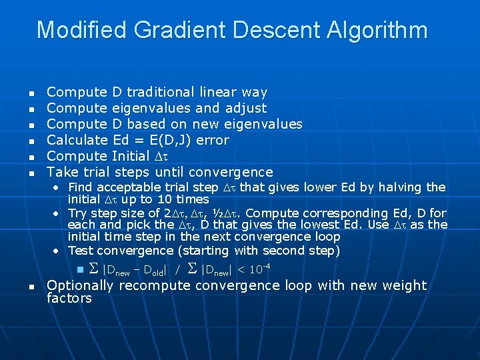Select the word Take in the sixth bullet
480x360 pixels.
(61, 172)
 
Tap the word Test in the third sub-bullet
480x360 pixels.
(80, 251)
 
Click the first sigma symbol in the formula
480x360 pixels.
(94, 269)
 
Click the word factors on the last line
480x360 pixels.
(69, 298)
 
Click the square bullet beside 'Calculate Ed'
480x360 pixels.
(31, 141)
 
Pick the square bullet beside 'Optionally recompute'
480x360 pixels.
(31, 286)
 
